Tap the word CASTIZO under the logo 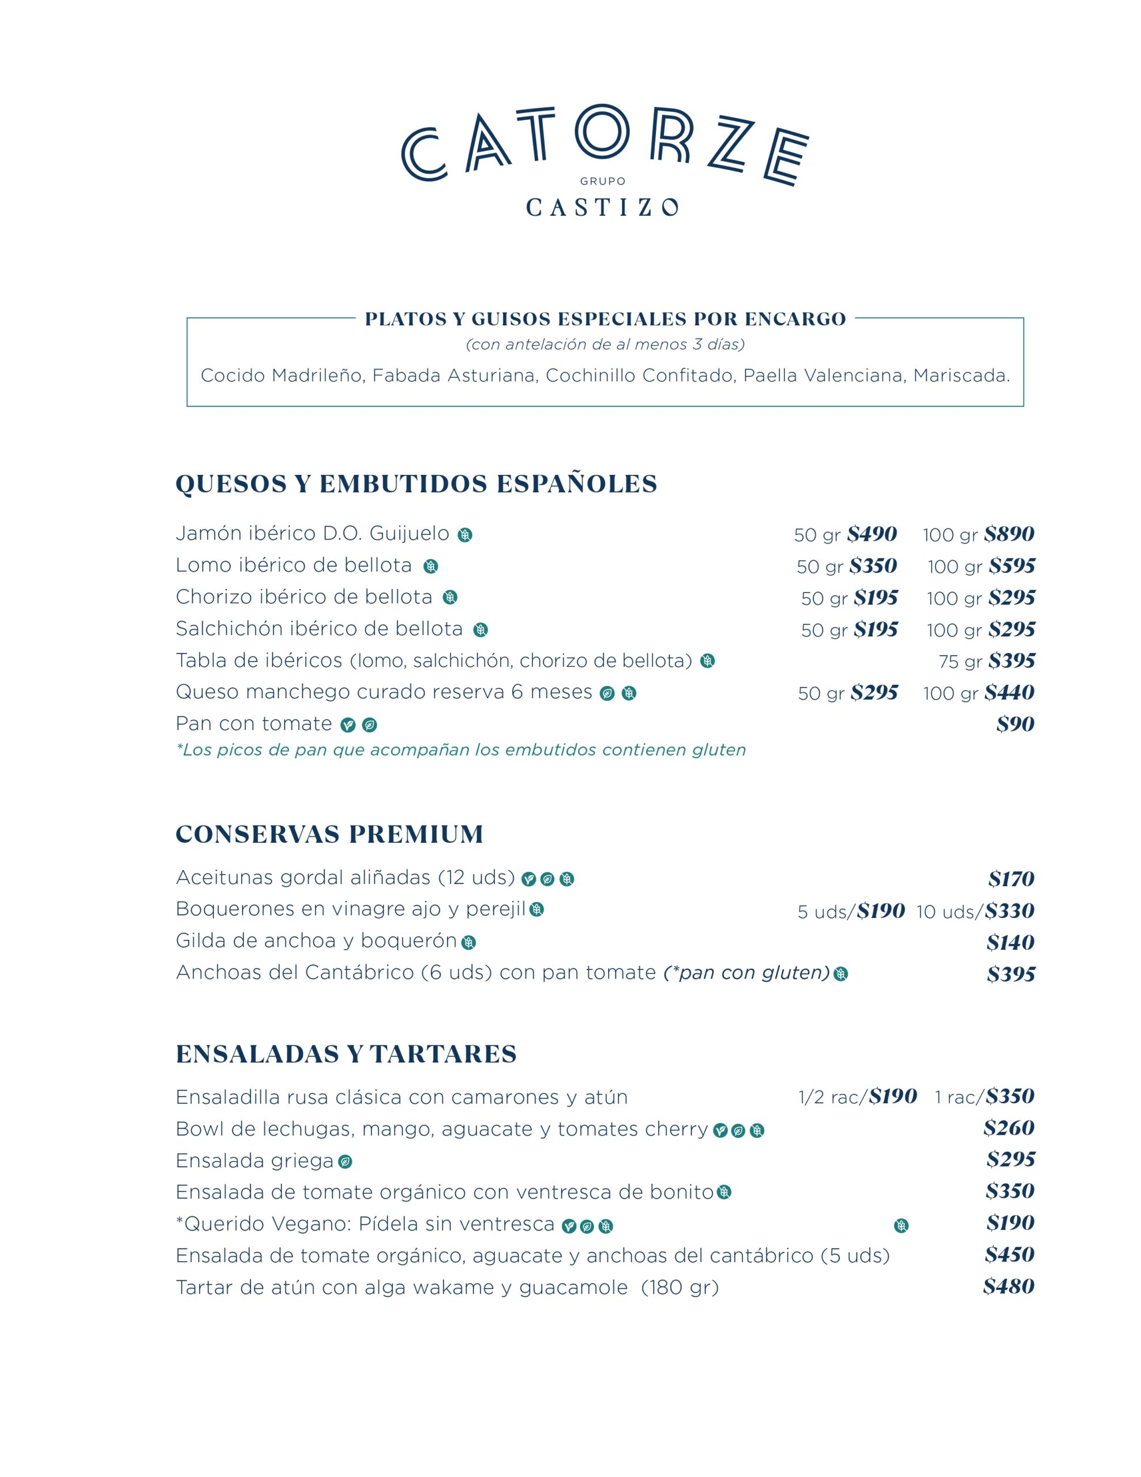pos(602,207)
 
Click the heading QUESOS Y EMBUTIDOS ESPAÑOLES pos(416,484)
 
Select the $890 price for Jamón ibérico pos(1008,534)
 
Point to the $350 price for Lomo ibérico pos(873,566)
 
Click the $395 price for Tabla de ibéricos pos(1011,661)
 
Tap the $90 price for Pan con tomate pos(1015,724)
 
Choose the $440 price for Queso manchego pos(1009,692)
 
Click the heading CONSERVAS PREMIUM pos(329,834)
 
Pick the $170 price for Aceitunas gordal pos(1011,879)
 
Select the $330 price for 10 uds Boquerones pos(1009,911)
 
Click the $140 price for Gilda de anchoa pos(1011,943)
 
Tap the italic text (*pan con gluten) pos(746,973)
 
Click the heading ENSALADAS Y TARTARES pos(346,1054)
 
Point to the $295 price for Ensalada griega pos(1011,1159)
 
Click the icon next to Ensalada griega pos(345,1162)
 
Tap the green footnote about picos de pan pos(460,750)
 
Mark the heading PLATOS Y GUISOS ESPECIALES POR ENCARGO pos(605,319)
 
